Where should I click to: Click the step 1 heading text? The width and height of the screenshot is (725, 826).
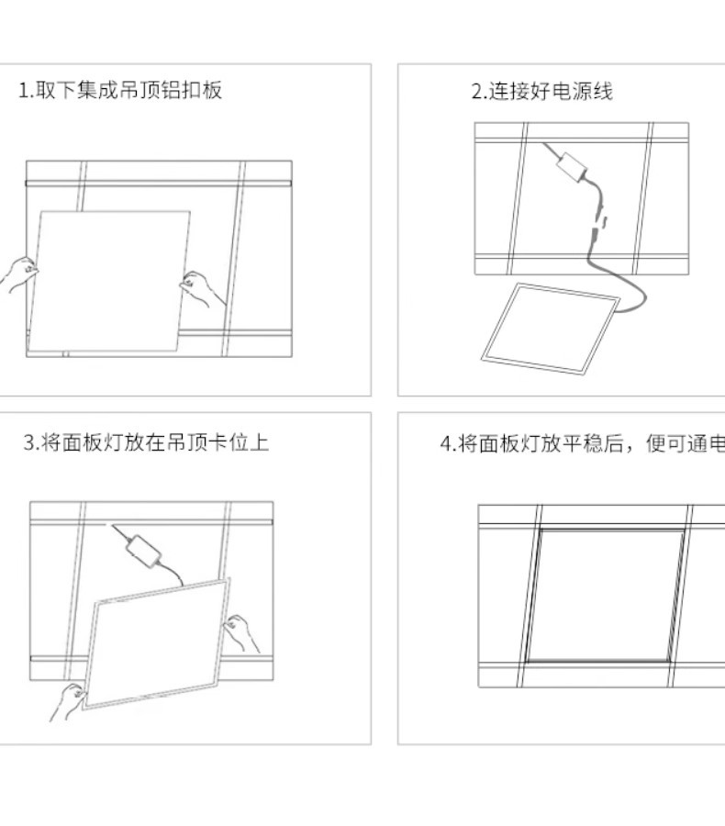121,90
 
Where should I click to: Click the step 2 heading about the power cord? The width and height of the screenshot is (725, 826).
541,91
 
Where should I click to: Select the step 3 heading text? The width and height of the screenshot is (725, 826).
146,443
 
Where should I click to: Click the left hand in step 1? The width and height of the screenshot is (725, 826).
20,273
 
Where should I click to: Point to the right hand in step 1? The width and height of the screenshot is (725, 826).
203,288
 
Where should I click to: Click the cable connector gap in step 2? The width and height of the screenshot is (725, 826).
599,221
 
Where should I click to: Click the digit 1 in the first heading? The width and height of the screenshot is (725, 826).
23,91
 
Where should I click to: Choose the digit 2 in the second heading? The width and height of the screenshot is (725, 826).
476,92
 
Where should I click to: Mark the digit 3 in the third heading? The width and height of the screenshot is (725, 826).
28,444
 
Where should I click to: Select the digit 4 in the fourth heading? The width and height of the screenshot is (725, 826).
446,445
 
